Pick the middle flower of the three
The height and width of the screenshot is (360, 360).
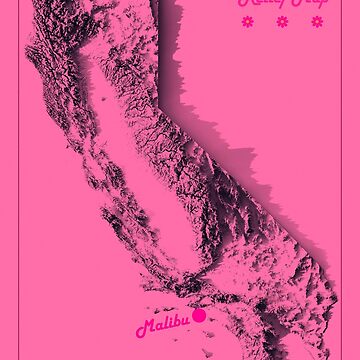point(282,21)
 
